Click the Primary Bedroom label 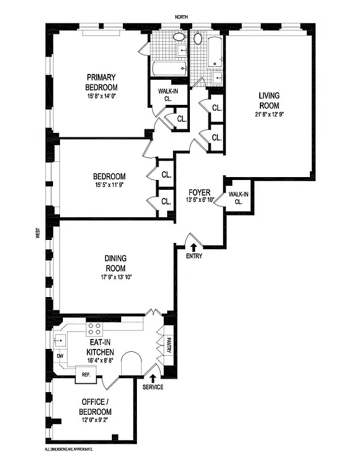click(101, 82)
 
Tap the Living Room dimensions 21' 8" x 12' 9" click(269, 114)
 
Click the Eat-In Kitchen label click(97, 348)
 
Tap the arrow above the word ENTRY click(194, 248)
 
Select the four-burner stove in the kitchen click(94, 328)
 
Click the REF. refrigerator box click(86, 376)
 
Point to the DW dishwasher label click(59, 356)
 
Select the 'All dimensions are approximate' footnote click(69, 449)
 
